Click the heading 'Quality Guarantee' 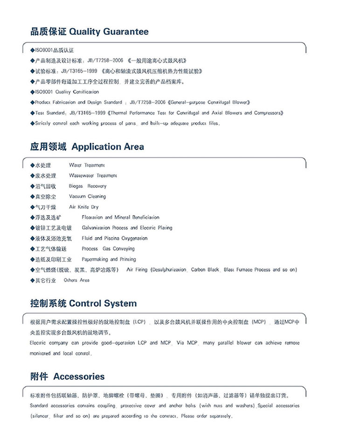coord(109,32)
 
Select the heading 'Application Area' coord(108,146)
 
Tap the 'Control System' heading coord(103,303)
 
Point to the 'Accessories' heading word coord(79,376)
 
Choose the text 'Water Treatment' coord(87,165)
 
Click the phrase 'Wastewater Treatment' coord(93,175)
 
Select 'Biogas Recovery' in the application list coord(87,186)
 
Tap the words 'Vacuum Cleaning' coord(87,196)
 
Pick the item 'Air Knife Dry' coord(83,207)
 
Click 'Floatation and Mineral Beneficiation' coord(120,217)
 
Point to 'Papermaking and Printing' coord(109,259)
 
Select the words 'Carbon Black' coord(205,270)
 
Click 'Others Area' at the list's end coord(76,280)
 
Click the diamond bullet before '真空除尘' coord(32,197)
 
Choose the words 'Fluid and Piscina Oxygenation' coord(114,238)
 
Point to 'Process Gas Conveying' coord(108,249)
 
